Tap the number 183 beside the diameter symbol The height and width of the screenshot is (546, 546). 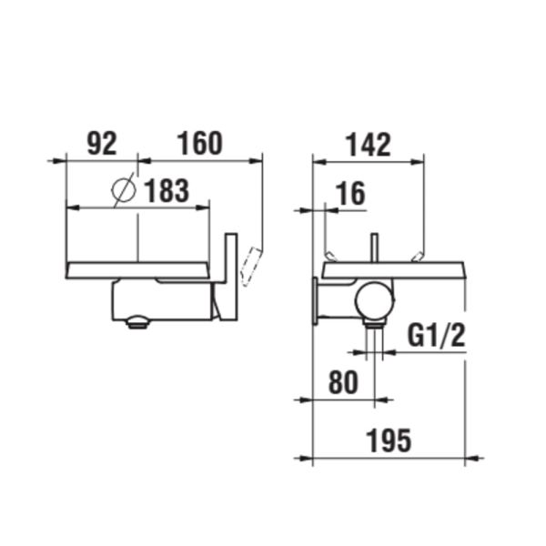[x=165, y=191]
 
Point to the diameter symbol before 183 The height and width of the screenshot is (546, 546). [x=124, y=191]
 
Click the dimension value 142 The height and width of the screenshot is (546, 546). [x=369, y=144]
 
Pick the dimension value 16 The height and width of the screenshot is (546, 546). [x=350, y=193]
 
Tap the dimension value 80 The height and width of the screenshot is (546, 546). [x=342, y=383]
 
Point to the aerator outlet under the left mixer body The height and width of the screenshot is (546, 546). [x=137, y=320]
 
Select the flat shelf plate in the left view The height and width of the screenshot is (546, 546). [x=136, y=269]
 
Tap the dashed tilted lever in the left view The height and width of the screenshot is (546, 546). [x=251, y=266]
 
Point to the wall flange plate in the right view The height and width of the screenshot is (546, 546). [x=316, y=300]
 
